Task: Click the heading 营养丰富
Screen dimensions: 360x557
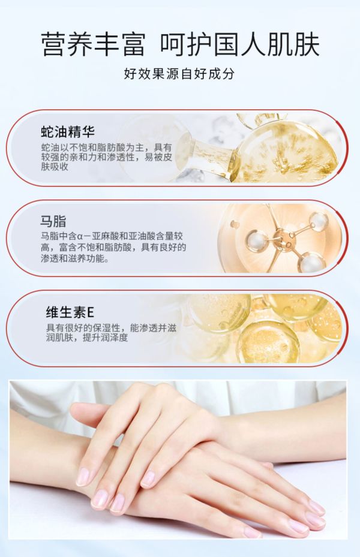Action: click(94, 44)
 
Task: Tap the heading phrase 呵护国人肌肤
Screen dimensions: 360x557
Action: click(240, 44)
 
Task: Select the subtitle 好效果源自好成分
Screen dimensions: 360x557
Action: click(179, 74)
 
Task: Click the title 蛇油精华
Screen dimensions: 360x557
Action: click(68, 131)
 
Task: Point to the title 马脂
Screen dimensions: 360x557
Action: click(53, 221)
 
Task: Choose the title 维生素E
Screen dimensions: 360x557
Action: click(70, 312)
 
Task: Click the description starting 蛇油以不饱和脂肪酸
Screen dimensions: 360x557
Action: click(107, 156)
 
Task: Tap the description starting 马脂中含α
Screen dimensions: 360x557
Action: click(113, 247)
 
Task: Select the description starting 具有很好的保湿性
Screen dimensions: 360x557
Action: click(111, 333)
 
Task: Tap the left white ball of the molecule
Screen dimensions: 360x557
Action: click(255, 240)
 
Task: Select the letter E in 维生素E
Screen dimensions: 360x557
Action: click(90, 312)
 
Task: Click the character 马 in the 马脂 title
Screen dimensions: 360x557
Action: click(46, 221)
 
